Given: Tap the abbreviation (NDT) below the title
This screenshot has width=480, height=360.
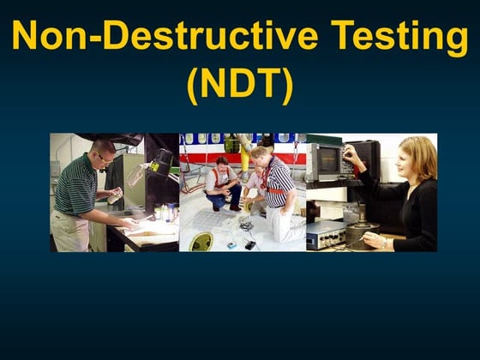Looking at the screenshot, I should [x=239, y=84].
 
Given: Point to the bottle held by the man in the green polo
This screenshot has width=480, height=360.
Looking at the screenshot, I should [x=113, y=197].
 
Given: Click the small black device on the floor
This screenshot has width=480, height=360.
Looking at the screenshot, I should [x=249, y=245].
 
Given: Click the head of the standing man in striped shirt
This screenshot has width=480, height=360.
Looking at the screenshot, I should [x=260, y=154].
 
